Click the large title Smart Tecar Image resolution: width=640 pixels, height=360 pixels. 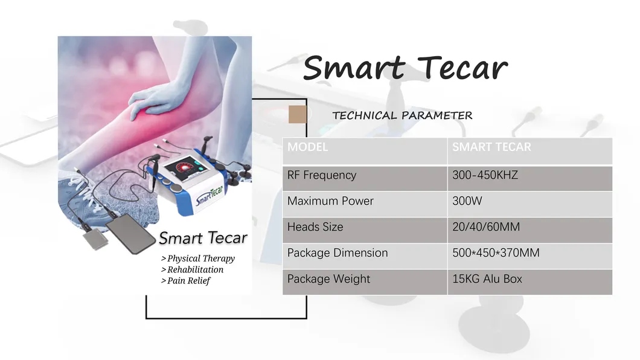point(405,68)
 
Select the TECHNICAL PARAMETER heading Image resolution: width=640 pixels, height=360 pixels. point(402,115)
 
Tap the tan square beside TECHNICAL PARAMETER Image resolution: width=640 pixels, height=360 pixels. point(298,114)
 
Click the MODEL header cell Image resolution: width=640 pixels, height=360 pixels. point(308,147)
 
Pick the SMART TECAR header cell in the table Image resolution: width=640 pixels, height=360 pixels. point(491,147)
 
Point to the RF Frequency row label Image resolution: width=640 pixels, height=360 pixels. point(322,175)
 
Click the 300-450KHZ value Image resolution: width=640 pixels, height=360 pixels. point(485,175)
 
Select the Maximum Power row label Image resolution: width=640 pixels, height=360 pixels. point(330,201)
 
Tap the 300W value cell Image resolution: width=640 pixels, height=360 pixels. point(467,201)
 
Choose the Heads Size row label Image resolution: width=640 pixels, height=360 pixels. point(315,227)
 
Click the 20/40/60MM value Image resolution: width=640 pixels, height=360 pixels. point(486,227)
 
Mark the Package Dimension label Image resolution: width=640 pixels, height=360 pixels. point(338,253)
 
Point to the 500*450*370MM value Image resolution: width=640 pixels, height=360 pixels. point(496,253)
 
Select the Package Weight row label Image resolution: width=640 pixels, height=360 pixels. point(328,279)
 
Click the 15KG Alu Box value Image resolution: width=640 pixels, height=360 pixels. point(487,279)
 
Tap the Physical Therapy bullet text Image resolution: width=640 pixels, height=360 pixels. point(198,259)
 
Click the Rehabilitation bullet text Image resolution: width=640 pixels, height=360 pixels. point(193,269)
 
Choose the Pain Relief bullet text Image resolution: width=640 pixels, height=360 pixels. point(186,280)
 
